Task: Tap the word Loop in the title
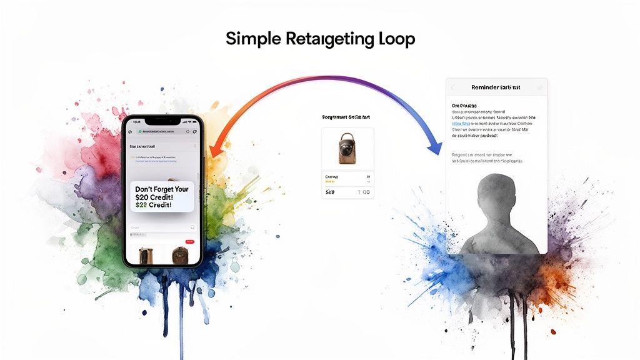coord(396,39)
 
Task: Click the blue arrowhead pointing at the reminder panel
coord(433,148)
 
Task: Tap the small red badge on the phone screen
coord(190,241)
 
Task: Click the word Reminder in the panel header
coord(486,88)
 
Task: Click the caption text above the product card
coord(347,117)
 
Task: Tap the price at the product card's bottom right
coord(362,192)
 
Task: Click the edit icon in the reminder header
coord(539,88)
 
